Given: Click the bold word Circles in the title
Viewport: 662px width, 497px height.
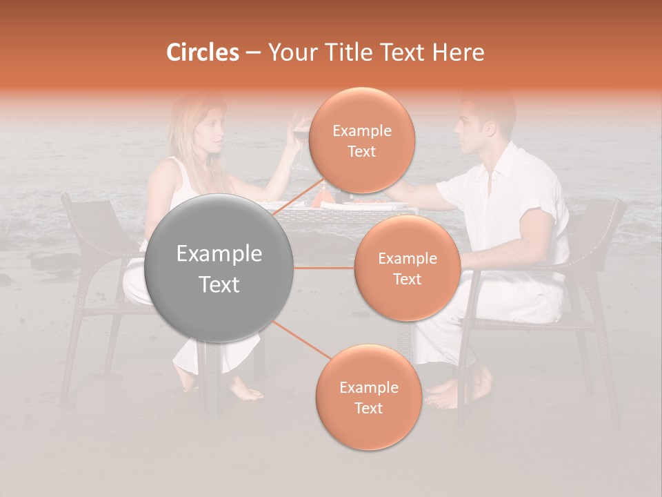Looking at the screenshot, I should click(202, 52).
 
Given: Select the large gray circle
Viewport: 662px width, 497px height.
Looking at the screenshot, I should click(219, 269).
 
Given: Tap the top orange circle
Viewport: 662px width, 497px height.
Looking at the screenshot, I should click(362, 142).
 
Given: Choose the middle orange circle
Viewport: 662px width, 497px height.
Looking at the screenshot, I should click(407, 269).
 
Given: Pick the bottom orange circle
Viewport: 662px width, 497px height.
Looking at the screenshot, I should click(368, 398).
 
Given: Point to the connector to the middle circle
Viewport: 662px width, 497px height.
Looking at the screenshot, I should click(323, 268).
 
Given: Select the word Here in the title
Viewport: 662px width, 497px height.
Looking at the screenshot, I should click(458, 52).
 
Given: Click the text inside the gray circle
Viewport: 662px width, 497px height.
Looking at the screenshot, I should click(219, 269).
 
